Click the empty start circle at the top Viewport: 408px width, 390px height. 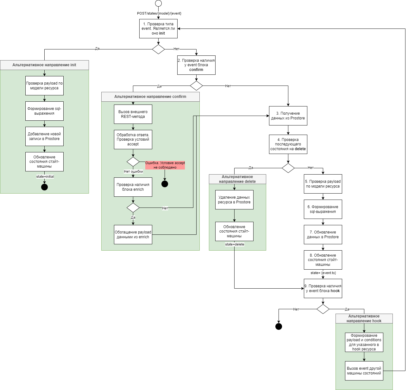[158, 3]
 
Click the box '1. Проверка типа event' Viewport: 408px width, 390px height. [158, 29]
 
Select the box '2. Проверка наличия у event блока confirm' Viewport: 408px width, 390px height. [196, 65]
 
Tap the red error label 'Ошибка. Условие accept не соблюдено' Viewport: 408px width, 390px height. [165, 165]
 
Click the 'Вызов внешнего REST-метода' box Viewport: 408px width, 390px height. [133, 114]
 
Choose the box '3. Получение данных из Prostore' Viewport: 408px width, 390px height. [288, 116]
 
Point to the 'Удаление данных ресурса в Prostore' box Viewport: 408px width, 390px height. [234, 200]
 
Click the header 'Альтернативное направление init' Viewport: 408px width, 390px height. [44, 65]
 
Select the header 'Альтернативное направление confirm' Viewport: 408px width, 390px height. [150, 97]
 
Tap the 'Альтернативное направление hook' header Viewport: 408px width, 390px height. [364, 318]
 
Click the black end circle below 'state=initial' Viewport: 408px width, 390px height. [44, 187]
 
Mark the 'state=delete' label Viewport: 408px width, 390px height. [235, 244]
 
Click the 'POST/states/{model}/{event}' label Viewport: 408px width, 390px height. [159, 13]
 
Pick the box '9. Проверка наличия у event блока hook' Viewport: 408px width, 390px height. [323, 288]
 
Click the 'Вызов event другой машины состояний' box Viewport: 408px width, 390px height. [364, 371]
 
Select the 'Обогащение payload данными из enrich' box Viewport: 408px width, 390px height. [133, 234]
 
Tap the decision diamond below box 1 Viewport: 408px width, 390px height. [158, 49]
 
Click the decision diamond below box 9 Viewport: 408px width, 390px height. [323, 309]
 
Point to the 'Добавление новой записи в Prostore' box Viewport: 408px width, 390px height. [44, 136]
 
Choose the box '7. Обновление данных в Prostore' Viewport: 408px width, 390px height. [323, 234]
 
